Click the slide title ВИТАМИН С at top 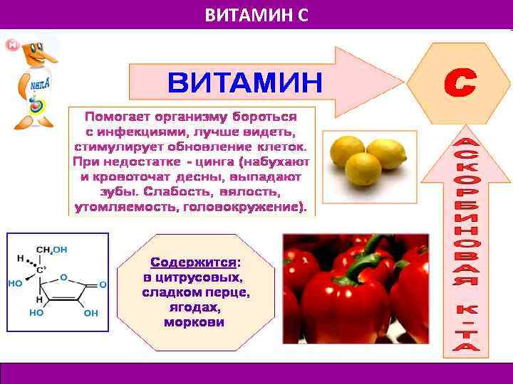pyautogui.click(x=256, y=14)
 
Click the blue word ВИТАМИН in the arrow pyautogui.click(x=244, y=83)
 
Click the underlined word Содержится pyautogui.click(x=193, y=262)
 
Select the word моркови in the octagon pyautogui.click(x=194, y=322)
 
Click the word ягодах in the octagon pyautogui.click(x=195, y=307)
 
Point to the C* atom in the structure pyautogui.click(x=41, y=271)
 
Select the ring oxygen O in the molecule pyautogui.click(x=63, y=277)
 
